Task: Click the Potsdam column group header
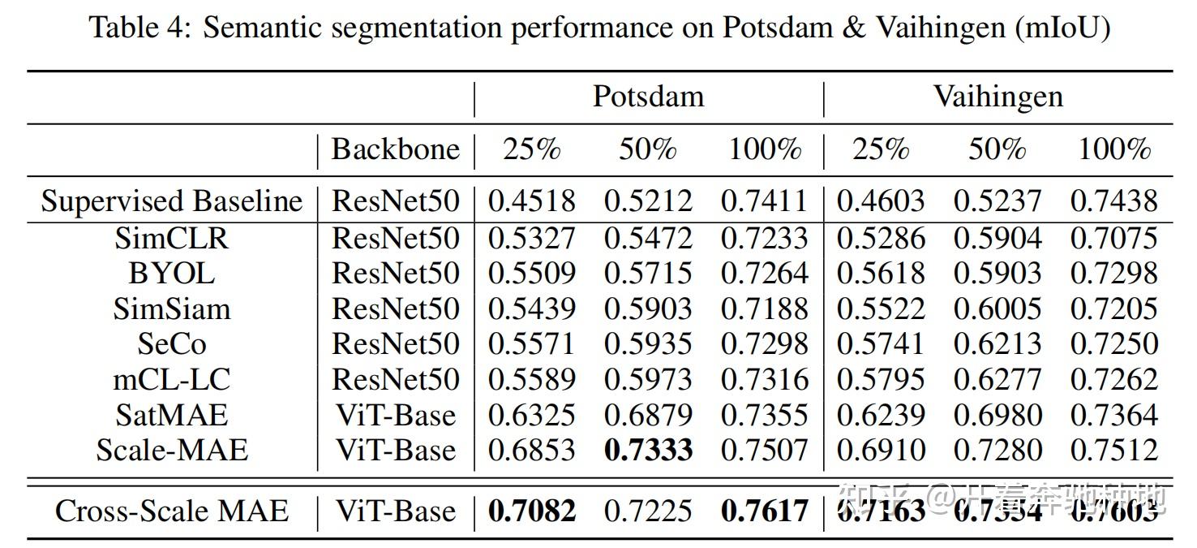(x=648, y=97)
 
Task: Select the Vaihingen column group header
(x=998, y=97)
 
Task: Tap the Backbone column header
(x=395, y=149)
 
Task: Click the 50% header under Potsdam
(x=648, y=149)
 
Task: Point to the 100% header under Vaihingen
(x=1113, y=149)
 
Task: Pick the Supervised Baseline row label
(x=171, y=201)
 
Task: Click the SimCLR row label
(x=171, y=238)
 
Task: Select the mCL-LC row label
(x=171, y=379)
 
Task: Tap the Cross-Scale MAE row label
(x=171, y=511)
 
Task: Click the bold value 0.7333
(x=648, y=450)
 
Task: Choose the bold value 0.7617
(x=764, y=511)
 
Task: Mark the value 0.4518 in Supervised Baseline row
(x=531, y=201)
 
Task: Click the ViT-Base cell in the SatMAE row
(x=395, y=415)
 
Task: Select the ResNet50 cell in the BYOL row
(x=395, y=273)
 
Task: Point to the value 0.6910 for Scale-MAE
(x=880, y=450)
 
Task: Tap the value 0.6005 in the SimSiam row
(x=997, y=309)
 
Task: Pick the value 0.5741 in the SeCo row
(x=880, y=344)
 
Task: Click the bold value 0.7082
(x=531, y=511)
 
